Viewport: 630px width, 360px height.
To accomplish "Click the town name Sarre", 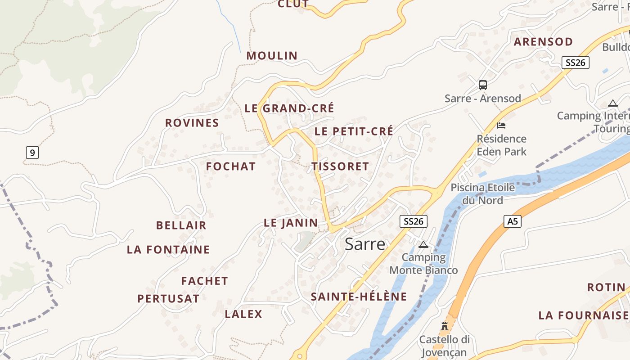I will pos(365,244).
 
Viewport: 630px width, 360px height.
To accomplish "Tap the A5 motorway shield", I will pos(512,221).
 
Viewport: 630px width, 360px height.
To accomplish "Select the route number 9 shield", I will pos(32,153).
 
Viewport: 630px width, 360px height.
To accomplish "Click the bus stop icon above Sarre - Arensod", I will pos(482,85).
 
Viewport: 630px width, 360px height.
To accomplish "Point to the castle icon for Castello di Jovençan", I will pos(445,326).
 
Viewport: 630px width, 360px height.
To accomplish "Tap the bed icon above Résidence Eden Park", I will pos(501,125).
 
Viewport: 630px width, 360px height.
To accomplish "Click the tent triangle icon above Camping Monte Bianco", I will pos(423,245).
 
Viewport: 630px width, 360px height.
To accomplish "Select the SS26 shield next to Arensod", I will pos(575,63).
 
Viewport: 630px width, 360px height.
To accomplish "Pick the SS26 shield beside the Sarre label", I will pos(413,221).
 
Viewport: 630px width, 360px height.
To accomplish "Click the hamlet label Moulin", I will pos(272,56).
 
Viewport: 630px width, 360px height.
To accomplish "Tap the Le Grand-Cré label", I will pos(289,108).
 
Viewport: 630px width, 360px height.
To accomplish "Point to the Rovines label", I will pos(192,123).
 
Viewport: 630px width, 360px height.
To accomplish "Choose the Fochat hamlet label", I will pos(231,166).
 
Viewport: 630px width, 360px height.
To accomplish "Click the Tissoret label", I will pos(340,166).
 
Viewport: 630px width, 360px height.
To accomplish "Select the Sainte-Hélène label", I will pos(359,297).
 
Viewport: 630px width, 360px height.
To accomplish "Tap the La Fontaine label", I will pos(168,250).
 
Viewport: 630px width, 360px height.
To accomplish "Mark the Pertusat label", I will pos(168,299).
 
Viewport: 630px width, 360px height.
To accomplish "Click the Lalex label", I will pos(243,314).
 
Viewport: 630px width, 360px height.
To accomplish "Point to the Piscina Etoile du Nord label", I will pos(482,193).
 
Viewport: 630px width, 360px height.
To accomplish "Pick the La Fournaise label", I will pos(583,315).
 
